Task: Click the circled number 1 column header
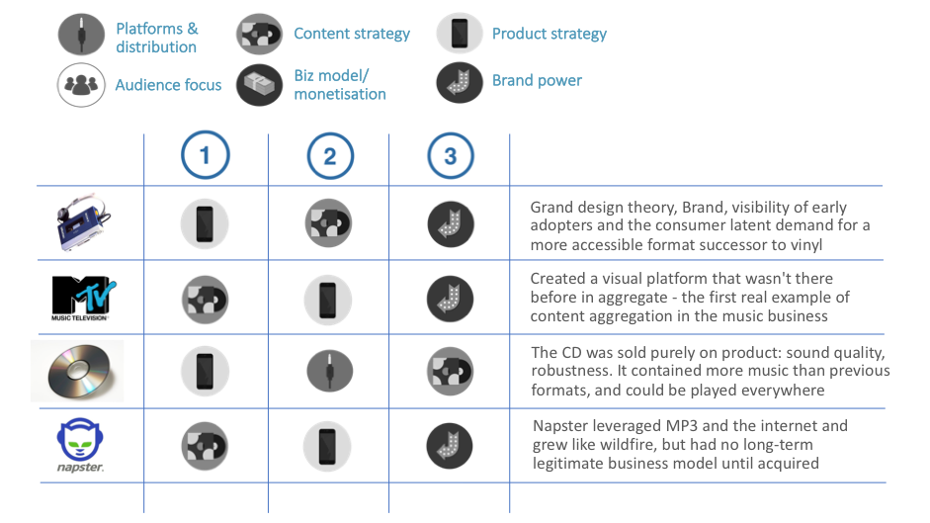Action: coord(206,155)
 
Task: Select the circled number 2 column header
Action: coord(330,156)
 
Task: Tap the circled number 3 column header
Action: coord(451,156)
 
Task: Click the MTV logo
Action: coord(83,298)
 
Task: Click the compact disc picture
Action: coord(78,371)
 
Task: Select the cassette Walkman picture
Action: coord(83,222)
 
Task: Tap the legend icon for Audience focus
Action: coord(81,85)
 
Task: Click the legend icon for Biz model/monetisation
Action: coord(259,85)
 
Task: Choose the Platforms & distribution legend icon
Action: coord(81,35)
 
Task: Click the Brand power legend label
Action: coord(537,80)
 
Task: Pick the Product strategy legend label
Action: coord(550,34)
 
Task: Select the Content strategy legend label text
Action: coord(352,34)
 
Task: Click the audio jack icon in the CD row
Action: coord(330,371)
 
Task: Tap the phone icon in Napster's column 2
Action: coord(327,447)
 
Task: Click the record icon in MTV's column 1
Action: coord(206,300)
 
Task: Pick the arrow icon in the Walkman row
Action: coord(451,224)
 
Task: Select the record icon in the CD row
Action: coord(450,371)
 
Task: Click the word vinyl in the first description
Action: coord(806,245)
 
